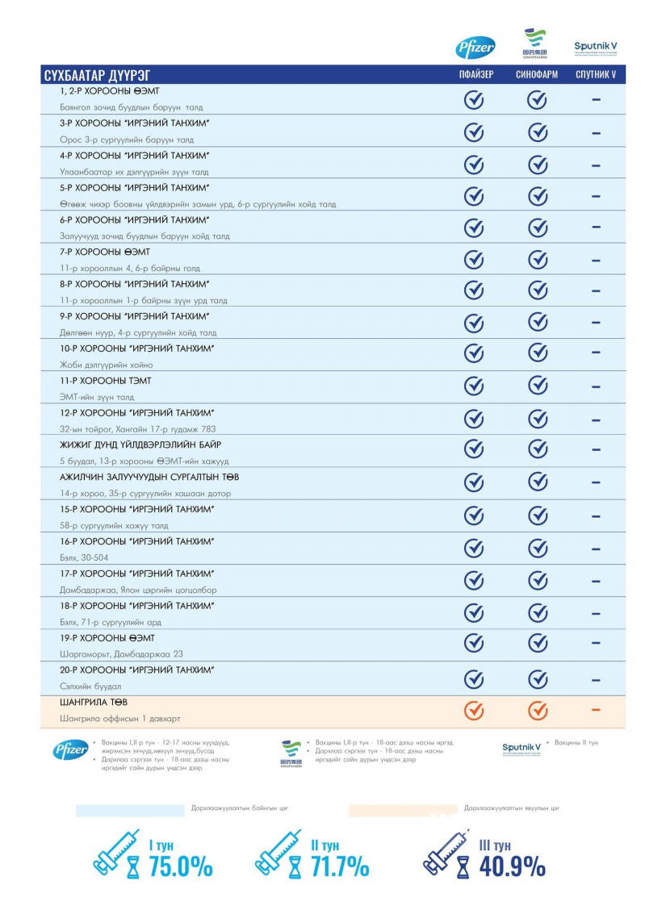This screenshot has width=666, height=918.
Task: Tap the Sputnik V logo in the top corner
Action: click(596, 48)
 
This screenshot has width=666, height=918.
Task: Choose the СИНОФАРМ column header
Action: click(537, 76)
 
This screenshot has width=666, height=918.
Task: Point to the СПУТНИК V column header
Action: click(596, 76)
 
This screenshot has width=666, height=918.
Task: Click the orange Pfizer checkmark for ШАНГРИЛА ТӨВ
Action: click(474, 711)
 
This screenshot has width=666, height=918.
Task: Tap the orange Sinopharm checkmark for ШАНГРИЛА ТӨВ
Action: click(538, 711)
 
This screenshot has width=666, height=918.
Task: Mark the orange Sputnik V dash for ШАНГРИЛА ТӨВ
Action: click(596, 710)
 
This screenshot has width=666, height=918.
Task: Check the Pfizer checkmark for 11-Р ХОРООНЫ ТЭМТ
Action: click(474, 386)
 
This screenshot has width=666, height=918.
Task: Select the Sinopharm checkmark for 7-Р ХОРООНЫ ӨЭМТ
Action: click(538, 260)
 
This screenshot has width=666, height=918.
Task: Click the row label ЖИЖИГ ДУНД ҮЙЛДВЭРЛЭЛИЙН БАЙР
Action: click(140, 445)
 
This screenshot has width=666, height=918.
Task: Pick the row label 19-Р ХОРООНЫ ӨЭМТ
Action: click(107, 638)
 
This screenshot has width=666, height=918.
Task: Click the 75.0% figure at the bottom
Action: click(181, 866)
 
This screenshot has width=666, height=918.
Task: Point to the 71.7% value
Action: click(339, 866)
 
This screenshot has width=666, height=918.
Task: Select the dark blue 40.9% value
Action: click(513, 866)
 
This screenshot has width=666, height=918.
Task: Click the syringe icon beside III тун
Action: click(440, 852)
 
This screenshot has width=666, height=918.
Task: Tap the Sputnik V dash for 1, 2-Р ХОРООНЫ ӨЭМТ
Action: click(596, 100)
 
